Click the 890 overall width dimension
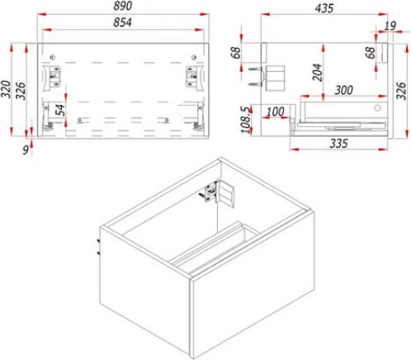point(123,6)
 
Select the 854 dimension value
point(123,22)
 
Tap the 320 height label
point(6,89)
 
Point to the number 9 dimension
point(26,150)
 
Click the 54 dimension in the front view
point(60,110)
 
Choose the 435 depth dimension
point(324,8)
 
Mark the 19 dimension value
point(390,26)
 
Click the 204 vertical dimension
point(317,72)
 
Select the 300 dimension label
point(344,90)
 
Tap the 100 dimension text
point(276,111)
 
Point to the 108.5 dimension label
point(246,120)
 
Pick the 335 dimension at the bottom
point(339,144)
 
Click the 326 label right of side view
point(401,91)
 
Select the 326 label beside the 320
point(21,91)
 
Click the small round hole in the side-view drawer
point(378,107)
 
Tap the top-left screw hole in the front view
point(53,58)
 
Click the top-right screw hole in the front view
point(194,58)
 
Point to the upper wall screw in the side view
point(255,69)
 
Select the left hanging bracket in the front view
point(52,77)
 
